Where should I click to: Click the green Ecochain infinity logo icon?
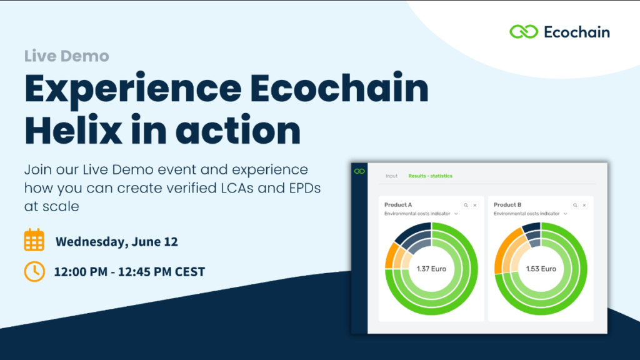[524, 32]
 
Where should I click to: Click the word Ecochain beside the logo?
[577, 32]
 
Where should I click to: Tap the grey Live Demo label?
[66, 56]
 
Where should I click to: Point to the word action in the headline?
[238, 131]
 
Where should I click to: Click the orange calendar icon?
[34, 239]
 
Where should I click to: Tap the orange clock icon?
[34, 271]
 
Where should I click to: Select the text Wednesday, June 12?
[117, 242]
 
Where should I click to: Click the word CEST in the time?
[190, 272]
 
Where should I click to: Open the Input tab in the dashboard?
[391, 176]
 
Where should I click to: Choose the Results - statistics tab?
[430, 176]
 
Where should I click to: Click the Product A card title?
[398, 205]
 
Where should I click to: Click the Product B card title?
[507, 205]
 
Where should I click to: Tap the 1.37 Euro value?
[431, 269]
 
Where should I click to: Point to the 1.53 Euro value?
[541, 269]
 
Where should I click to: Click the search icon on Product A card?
[466, 205]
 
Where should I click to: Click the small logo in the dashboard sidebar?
[359, 171]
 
